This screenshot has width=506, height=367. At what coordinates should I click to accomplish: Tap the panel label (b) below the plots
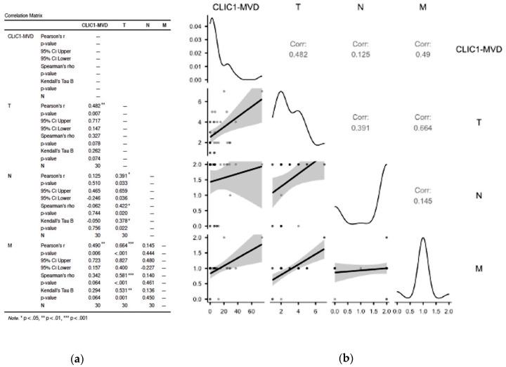click(x=346, y=359)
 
